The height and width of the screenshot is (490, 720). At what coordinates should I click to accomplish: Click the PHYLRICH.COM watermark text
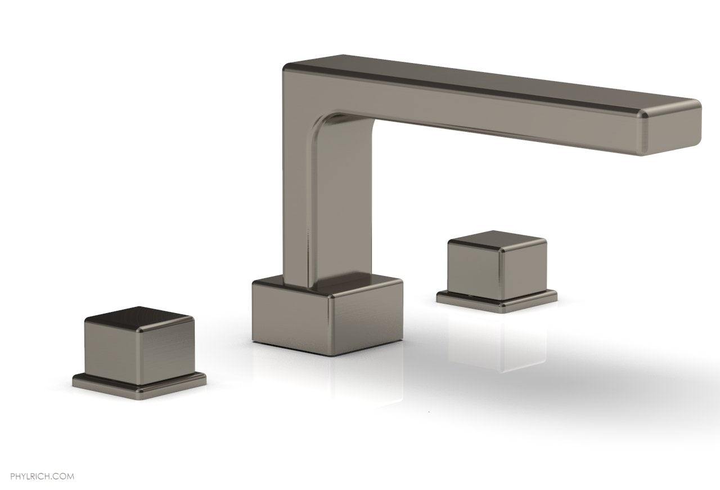point(37,461)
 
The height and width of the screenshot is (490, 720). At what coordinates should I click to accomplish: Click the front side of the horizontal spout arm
point(478,113)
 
